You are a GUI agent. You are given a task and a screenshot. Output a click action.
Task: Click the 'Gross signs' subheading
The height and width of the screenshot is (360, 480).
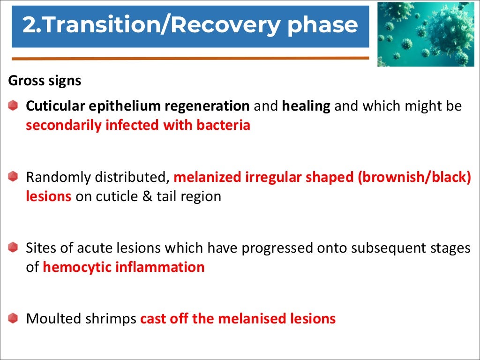[45, 81]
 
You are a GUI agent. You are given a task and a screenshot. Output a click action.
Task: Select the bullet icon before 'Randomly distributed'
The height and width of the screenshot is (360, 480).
[13, 177]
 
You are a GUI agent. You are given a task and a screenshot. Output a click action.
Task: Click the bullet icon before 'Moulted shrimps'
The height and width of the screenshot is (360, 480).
[13, 318]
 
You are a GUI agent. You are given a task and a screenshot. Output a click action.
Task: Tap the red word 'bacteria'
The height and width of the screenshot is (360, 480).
[222, 125]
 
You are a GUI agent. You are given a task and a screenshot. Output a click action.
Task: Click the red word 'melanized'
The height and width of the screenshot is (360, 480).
[208, 177]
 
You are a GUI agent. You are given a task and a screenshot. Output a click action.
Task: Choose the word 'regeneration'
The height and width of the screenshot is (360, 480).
[208, 106]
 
